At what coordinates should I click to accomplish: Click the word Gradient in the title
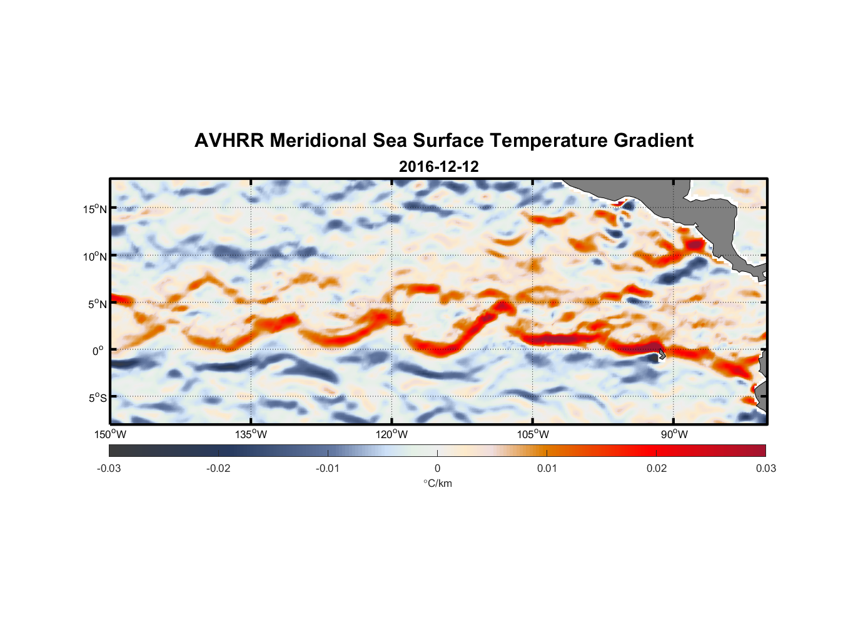653,141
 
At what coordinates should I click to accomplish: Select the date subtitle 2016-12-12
438,167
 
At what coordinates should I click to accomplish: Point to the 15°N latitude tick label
95,209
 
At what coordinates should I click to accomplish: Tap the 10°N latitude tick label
95,256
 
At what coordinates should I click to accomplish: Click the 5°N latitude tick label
97,304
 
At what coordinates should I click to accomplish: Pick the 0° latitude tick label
98,351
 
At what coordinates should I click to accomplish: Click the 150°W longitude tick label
110,434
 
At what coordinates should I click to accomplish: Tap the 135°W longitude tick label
251,434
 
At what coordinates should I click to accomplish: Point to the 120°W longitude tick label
391,434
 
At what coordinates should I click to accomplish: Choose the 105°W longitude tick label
533,434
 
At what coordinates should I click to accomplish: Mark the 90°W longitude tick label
674,434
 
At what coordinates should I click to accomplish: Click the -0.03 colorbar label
109,468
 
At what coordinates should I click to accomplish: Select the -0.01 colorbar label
328,468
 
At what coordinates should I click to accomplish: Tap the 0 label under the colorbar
437,468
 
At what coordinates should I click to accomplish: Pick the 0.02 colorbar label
657,468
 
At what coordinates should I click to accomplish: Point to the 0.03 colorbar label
765,468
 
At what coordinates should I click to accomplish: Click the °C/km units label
437,483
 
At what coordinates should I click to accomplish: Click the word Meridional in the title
318,141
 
